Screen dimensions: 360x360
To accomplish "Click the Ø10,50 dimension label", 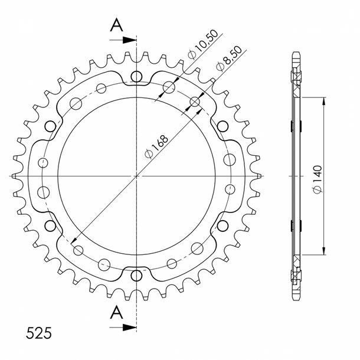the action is point(202,44).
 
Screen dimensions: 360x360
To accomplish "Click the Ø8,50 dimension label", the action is point(229,59).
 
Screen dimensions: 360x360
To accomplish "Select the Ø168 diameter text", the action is point(156,146).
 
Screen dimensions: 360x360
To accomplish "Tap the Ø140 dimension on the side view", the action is point(318,179).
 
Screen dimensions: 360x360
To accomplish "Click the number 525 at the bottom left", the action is point(39,333).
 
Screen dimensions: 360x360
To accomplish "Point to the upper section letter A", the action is point(117,25).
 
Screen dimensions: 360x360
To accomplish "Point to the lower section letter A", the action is point(117,312).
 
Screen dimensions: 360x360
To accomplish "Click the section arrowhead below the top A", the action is point(130,40).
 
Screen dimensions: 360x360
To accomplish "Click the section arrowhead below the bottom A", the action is point(130,328).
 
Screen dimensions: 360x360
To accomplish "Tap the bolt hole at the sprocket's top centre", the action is point(136,77).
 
